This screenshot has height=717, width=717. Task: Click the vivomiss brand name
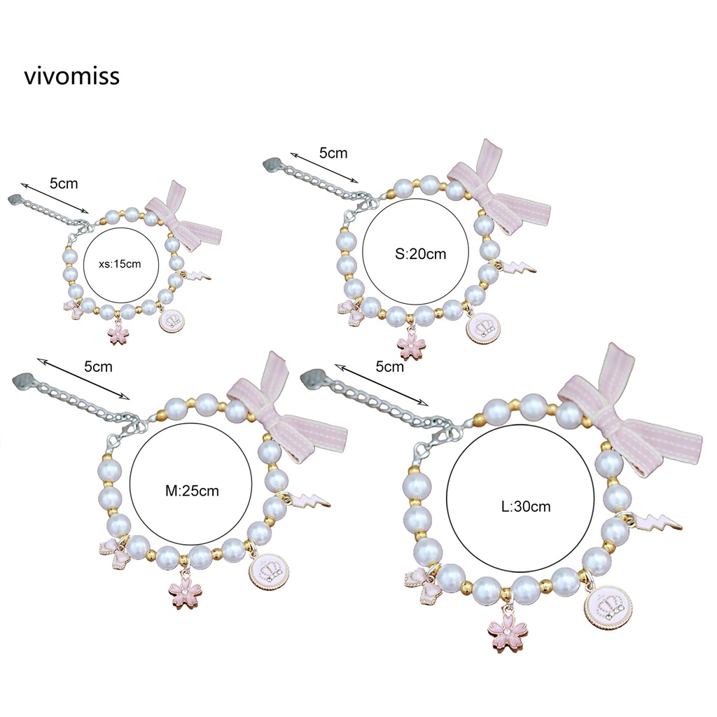[71, 76]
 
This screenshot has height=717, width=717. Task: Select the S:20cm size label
[420, 254]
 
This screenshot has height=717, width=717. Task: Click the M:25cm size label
[192, 491]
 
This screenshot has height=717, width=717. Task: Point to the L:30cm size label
[526, 506]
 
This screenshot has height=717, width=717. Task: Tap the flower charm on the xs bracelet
[119, 333]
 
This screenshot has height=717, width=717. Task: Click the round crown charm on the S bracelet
[483, 326]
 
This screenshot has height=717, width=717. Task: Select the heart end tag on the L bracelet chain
[311, 380]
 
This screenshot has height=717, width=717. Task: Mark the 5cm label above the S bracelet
[333, 153]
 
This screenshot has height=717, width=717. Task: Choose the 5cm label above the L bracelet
[389, 366]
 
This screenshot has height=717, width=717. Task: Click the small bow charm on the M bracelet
[113, 552]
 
